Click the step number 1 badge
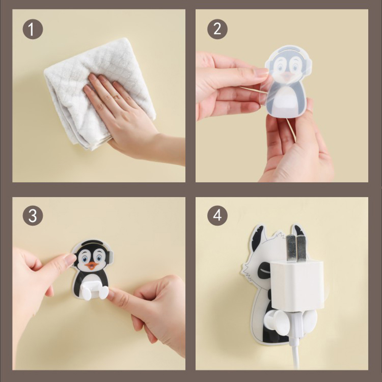[33, 29]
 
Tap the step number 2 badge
[217, 29]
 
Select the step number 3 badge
[33, 215]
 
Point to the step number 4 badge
[217, 215]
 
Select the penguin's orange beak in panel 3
[92, 266]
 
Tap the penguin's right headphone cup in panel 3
[110, 256]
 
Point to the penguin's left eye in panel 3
[85, 258]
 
